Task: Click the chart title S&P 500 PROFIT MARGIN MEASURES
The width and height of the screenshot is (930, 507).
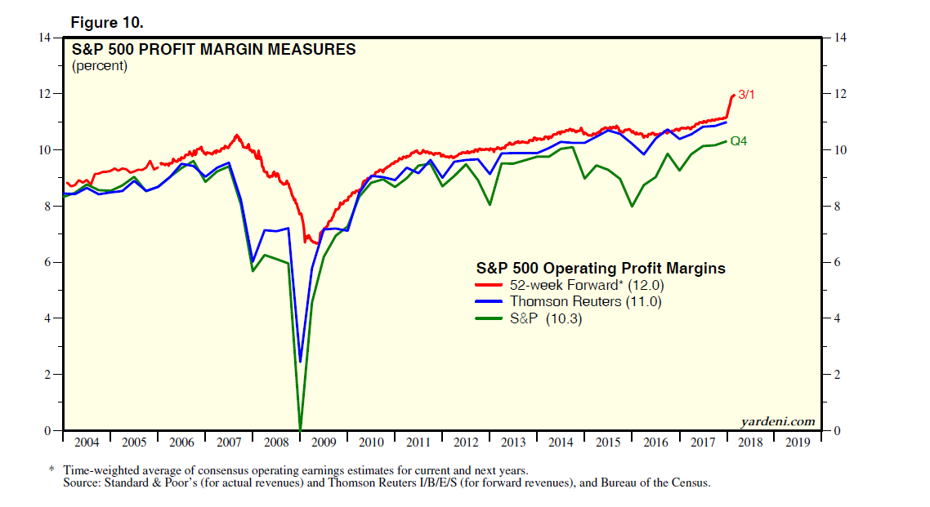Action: coord(214,50)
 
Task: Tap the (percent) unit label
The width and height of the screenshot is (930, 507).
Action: coord(100,66)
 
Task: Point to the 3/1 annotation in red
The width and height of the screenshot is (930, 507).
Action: coord(746,95)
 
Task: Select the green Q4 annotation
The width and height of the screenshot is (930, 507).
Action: coord(739,141)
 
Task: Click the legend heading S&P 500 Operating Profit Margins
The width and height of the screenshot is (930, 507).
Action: coord(601,268)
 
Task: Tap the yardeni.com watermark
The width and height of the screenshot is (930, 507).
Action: coord(779,422)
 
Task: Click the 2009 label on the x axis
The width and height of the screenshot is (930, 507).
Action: coord(324,443)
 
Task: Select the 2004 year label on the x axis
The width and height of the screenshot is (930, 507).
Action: coord(87,443)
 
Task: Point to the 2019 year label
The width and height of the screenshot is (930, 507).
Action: coord(798,443)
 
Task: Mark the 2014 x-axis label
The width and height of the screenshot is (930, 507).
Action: coord(561,443)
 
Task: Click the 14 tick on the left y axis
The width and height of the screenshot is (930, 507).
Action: coord(45,38)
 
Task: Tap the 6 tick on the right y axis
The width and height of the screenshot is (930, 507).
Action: coord(836,262)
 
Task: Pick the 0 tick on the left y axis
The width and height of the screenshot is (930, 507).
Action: coord(48,430)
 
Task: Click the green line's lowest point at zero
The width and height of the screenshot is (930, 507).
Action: coord(300,429)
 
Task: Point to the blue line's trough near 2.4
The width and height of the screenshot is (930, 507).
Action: coord(301,362)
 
